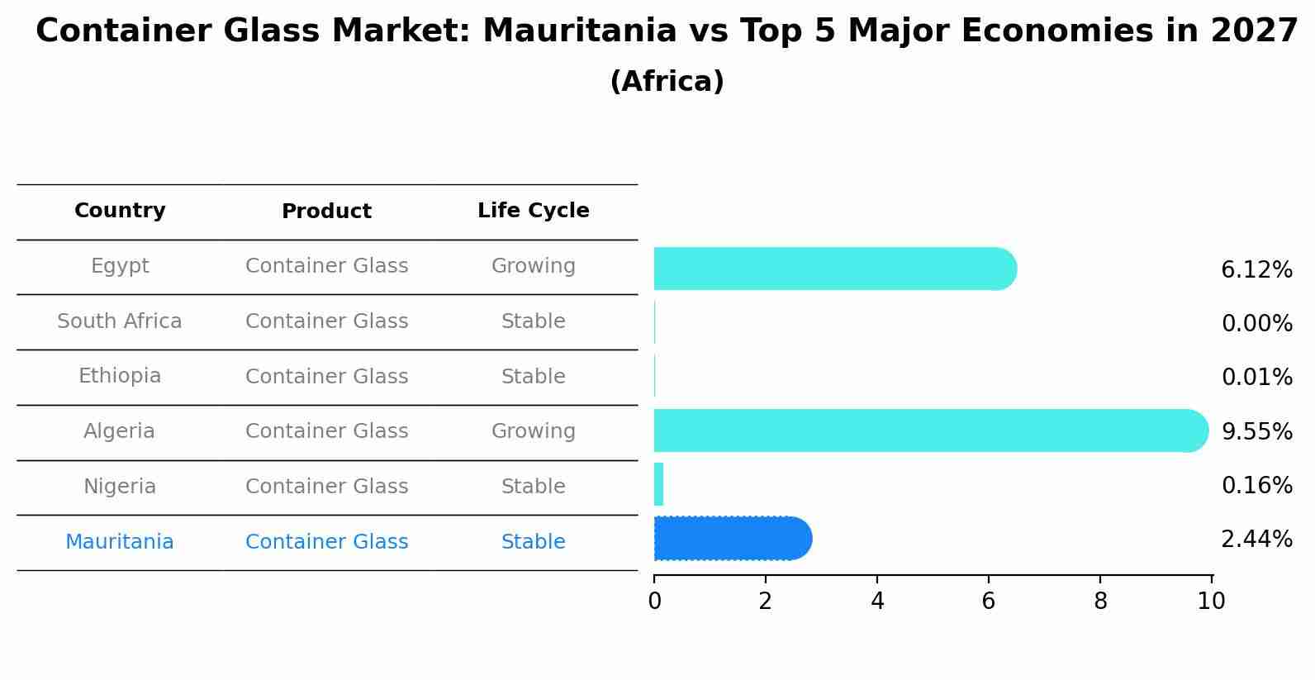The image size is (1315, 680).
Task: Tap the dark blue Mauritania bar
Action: [x=732, y=539]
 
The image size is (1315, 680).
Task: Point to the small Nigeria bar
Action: [x=658, y=484]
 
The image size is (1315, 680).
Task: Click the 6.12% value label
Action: [x=1256, y=270]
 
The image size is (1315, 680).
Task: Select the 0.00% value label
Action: [x=1256, y=324]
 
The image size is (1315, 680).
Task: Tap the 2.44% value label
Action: [x=1256, y=540]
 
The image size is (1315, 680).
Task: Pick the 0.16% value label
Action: [x=1256, y=486]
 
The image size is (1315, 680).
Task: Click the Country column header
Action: [x=120, y=211]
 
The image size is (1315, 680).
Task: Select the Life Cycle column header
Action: [x=533, y=211]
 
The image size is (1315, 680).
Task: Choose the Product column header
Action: [x=326, y=212]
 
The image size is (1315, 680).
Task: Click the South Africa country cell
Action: [x=120, y=321]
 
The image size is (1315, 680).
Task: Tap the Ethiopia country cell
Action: [x=120, y=376]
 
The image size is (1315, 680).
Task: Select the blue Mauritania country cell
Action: [x=120, y=542]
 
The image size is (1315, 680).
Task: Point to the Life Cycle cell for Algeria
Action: [x=533, y=431]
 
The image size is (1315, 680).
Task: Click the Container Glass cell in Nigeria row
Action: [x=326, y=487]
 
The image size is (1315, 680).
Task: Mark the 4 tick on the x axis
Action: [x=877, y=602]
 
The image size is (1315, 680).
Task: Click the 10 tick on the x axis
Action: [x=1211, y=602]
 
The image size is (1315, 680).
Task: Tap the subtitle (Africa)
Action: [x=667, y=82]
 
